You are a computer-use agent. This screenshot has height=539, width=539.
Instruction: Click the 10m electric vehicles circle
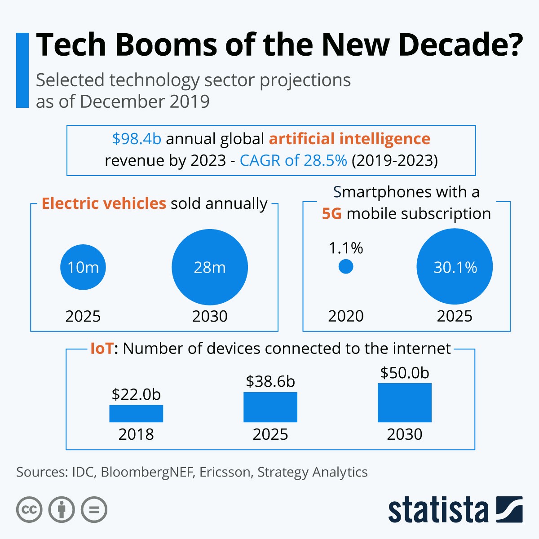(83, 267)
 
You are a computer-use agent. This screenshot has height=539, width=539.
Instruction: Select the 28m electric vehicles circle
(210, 267)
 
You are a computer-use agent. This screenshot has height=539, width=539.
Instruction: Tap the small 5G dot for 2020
(346, 267)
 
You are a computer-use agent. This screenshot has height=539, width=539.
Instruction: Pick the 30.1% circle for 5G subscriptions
(455, 267)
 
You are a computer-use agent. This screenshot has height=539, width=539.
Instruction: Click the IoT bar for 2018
(136, 414)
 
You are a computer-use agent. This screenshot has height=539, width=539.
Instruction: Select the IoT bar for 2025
(270, 407)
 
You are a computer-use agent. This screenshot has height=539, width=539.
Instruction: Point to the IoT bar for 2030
(405, 403)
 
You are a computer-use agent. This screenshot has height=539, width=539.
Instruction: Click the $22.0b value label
(136, 394)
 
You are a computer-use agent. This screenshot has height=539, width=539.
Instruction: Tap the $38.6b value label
(270, 381)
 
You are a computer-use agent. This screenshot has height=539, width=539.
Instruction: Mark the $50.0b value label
(405, 373)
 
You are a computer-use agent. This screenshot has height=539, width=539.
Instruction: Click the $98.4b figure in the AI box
(137, 139)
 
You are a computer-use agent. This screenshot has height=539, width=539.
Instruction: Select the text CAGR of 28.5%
(293, 160)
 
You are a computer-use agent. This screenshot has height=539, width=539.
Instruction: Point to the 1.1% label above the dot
(346, 248)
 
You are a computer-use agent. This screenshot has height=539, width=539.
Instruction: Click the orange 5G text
(332, 213)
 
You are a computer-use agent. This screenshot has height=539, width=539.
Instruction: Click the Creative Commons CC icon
(29, 510)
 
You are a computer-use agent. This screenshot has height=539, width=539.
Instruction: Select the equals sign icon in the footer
(94, 510)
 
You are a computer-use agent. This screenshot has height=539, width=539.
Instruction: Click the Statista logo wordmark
(438, 510)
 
